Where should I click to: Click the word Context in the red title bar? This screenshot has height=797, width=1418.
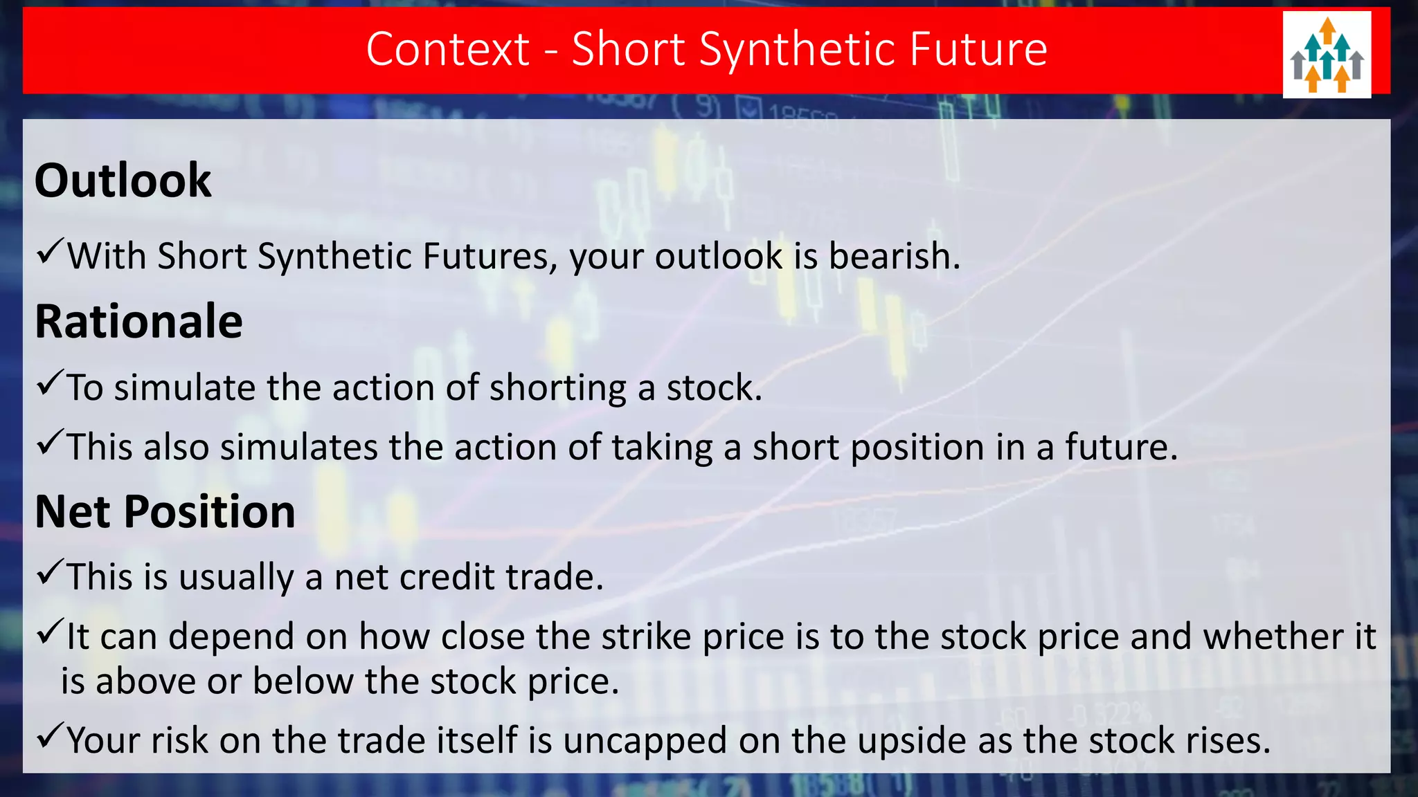(447, 50)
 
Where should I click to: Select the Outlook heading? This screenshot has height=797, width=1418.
(123, 181)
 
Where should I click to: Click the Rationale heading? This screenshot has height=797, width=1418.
(138, 322)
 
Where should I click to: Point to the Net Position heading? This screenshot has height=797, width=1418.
(165, 513)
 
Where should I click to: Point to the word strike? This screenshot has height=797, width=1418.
(645, 636)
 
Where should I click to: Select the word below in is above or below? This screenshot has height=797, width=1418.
(303, 681)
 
